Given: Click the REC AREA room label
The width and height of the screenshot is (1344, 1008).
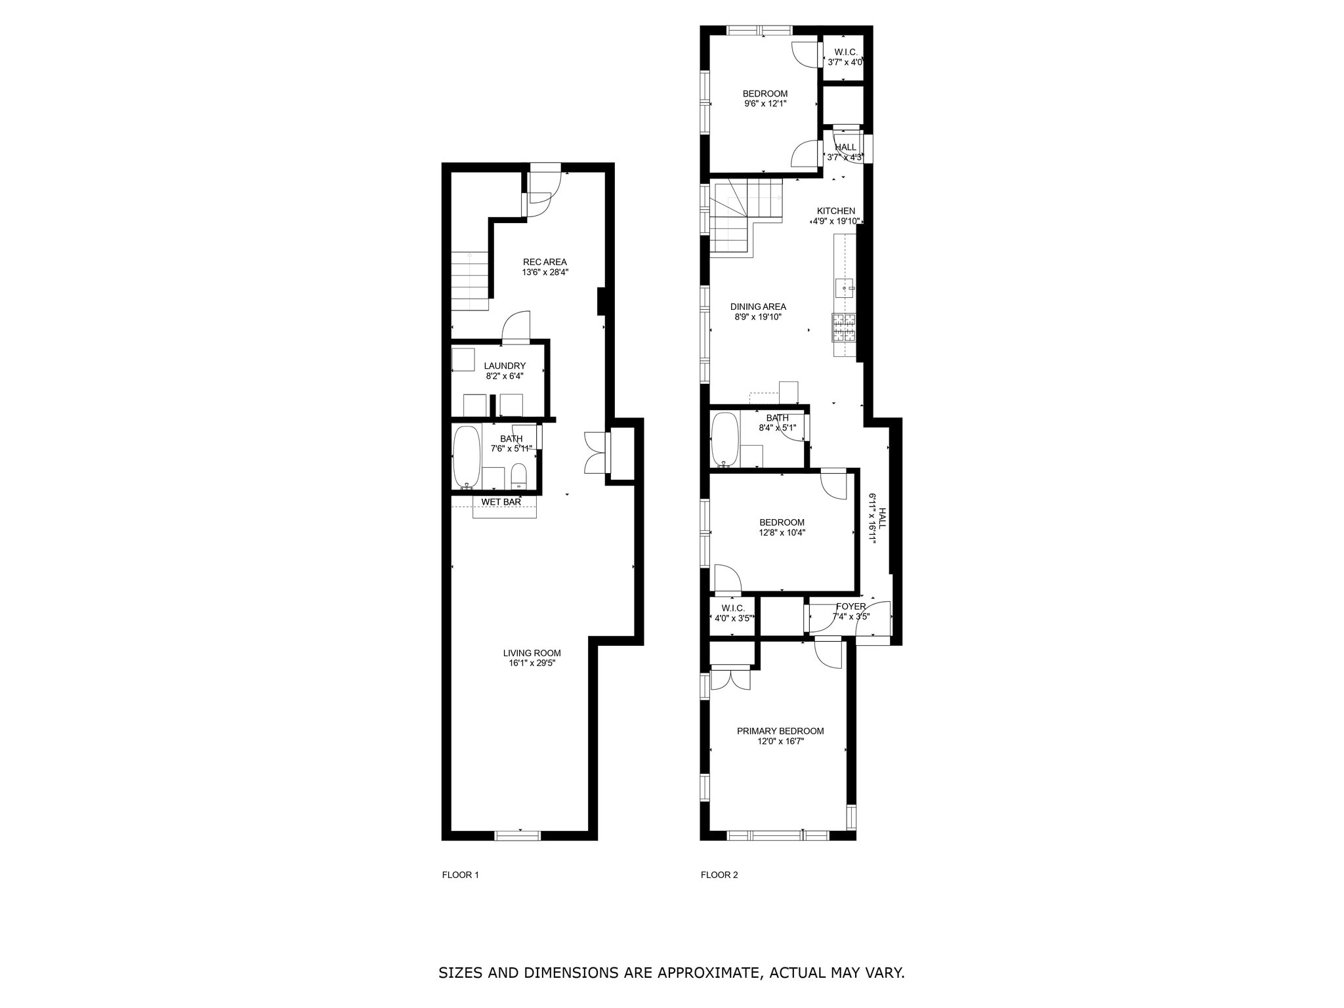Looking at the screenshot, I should click(x=545, y=262).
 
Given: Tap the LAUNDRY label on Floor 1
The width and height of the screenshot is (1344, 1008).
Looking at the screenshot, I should click(x=505, y=366).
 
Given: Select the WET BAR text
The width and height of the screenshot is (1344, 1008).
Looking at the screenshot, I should click(x=501, y=502).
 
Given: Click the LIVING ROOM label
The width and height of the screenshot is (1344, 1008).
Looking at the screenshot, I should click(x=532, y=653).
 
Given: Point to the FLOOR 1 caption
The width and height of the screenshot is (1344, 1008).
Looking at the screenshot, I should click(x=460, y=875).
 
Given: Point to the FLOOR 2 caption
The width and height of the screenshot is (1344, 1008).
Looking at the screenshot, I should click(x=719, y=875).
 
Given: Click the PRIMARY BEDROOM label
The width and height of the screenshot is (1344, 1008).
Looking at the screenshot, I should click(x=780, y=731).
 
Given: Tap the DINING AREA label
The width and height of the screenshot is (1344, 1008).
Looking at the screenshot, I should click(x=758, y=306).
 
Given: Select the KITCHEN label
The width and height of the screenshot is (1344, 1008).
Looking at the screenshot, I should click(x=835, y=211).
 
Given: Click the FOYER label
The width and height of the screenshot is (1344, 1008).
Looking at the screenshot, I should click(x=850, y=606).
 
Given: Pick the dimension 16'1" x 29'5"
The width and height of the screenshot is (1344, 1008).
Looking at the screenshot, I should click(x=532, y=663).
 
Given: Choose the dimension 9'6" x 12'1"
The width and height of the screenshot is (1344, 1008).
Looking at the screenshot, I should click(x=765, y=104).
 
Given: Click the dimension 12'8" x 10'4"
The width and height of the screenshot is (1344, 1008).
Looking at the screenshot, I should click(x=782, y=533).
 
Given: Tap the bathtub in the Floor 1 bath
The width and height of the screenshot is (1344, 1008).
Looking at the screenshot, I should click(x=467, y=457).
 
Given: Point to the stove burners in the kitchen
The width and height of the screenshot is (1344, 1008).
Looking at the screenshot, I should click(x=844, y=327).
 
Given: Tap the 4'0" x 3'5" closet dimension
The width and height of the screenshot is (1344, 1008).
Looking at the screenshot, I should click(x=733, y=618).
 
